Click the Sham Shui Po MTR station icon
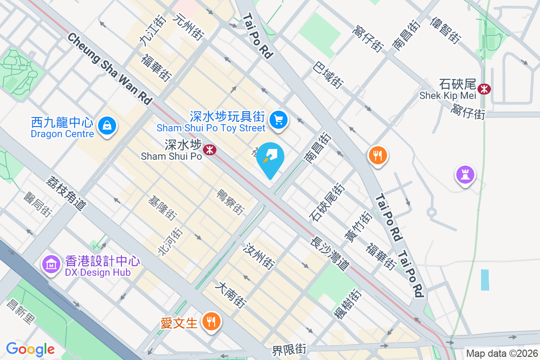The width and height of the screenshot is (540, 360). coord(209,149)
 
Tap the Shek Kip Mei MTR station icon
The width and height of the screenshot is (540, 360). coord(484,89)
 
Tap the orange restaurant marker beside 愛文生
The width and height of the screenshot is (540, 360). coord(210,322)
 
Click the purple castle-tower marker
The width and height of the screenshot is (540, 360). coord(465,174)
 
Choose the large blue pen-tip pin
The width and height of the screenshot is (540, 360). coord(270,159)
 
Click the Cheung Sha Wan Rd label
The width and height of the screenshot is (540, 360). coord(110,68)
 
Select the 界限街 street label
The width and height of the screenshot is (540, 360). coord(289,349)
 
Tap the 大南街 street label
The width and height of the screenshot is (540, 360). coord(231,295)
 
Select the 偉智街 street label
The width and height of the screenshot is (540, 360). coord(445,31)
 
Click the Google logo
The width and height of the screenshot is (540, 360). coord(30,349)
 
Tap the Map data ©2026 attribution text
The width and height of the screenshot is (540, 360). coord(501,353)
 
